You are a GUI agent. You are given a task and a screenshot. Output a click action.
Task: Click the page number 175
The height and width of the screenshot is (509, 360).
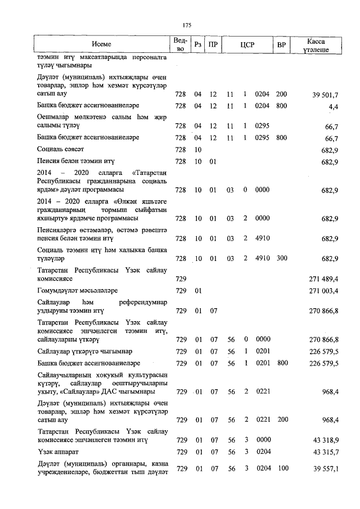coord(188,24)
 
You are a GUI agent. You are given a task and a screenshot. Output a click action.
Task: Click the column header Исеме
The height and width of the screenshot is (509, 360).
coord(102,44)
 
